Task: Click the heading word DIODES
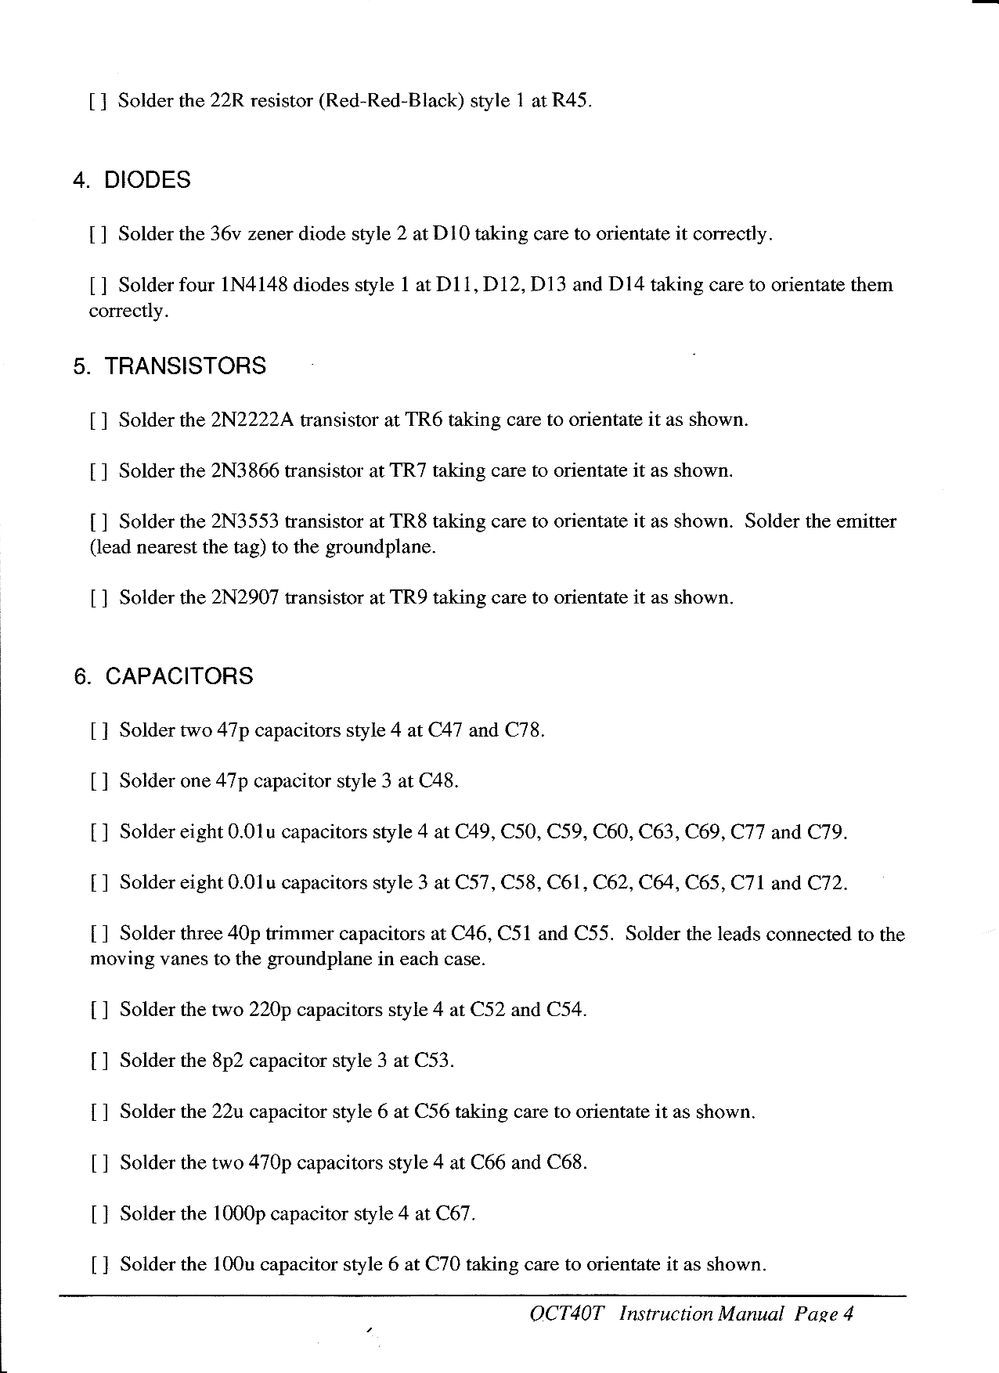tap(147, 181)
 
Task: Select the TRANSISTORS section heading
tap(186, 366)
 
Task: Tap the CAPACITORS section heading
tap(179, 676)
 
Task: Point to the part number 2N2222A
tap(252, 420)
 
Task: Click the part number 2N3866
tap(245, 471)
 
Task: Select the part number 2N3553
tap(245, 522)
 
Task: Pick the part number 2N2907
tap(245, 598)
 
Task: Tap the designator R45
tap(568, 102)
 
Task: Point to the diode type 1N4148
tap(253, 285)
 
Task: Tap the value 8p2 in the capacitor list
tap(227, 1061)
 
